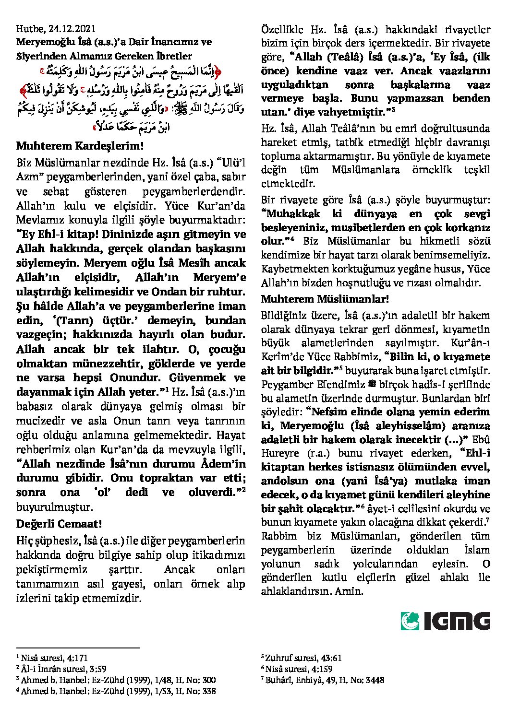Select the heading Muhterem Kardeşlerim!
point(80,146)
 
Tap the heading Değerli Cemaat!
point(59,523)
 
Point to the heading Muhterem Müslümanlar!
point(325,299)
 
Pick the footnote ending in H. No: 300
point(116,680)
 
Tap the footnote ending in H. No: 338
point(116,691)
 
